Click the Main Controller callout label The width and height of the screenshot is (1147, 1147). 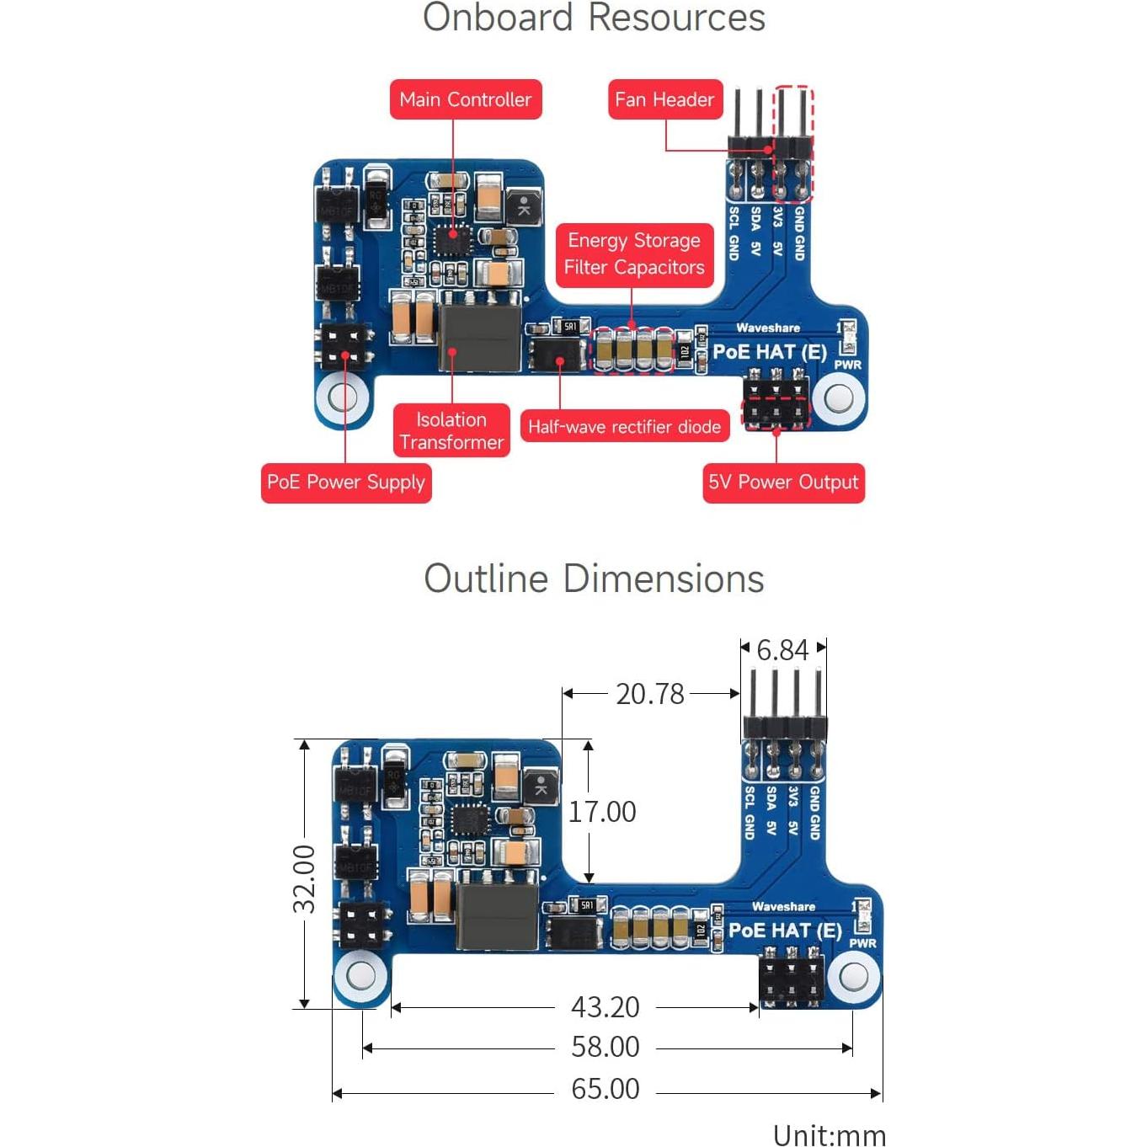tap(466, 99)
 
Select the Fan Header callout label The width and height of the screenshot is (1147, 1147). tap(664, 99)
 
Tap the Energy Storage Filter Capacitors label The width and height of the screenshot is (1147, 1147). tap(634, 253)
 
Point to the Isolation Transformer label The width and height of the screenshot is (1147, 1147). tap(451, 430)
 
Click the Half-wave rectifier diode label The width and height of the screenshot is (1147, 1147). tap(624, 427)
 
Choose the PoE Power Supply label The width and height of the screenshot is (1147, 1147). tap(346, 483)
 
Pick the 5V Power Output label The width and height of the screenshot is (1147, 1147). tap(783, 483)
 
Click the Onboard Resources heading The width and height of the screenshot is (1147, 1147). tap(594, 18)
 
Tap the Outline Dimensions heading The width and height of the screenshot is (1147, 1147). tap(594, 579)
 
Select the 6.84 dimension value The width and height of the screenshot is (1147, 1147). tap(782, 650)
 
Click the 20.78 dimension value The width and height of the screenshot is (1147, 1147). tap(650, 694)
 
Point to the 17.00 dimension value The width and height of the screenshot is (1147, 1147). tap(602, 812)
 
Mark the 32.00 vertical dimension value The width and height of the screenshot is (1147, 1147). tap(304, 879)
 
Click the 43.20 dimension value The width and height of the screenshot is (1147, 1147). tap(606, 1007)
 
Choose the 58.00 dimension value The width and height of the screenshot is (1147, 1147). tap(606, 1048)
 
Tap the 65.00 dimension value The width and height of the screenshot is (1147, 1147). tap(606, 1089)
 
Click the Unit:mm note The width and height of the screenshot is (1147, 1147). tap(830, 1135)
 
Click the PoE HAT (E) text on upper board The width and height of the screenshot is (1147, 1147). tap(770, 351)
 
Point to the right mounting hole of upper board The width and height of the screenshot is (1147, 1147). tap(839, 397)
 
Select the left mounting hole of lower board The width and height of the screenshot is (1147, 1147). tap(360, 976)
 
